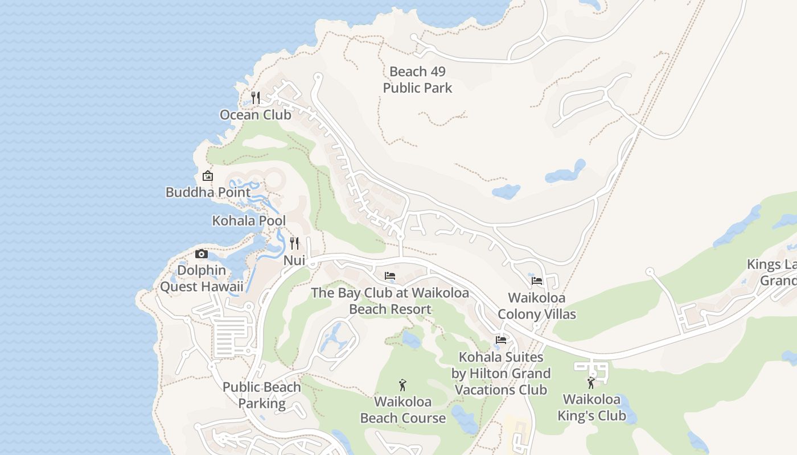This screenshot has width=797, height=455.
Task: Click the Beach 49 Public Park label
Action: [417, 80]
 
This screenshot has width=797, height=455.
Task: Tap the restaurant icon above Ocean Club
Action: [256, 98]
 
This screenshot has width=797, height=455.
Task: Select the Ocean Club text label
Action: [256, 115]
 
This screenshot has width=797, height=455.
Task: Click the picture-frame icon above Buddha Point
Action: [208, 176]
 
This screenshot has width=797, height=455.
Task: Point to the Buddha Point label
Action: [208, 192]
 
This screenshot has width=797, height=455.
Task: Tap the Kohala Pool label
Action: [249, 221]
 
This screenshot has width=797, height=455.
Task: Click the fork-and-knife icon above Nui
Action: [294, 243]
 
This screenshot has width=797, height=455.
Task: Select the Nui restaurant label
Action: [294, 260]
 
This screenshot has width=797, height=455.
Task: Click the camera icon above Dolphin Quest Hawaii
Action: [202, 254]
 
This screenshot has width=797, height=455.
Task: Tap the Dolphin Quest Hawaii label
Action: [202, 278]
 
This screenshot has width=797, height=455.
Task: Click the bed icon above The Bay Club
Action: [390, 276]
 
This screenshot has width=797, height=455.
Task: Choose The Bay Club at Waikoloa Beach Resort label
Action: [390, 301]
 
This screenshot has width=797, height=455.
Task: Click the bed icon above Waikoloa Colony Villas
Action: [537, 280]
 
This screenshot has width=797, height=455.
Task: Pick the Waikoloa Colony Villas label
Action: [537, 306]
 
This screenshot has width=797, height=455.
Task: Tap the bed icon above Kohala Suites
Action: [501, 340]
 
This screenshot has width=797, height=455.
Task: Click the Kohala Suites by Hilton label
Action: [501, 373]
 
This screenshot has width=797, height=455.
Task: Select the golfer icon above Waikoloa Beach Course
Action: [403, 385]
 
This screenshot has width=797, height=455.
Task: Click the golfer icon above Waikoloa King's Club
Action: [591, 383]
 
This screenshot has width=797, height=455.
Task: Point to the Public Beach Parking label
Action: [262, 395]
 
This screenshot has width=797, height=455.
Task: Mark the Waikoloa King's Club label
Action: [591, 407]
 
